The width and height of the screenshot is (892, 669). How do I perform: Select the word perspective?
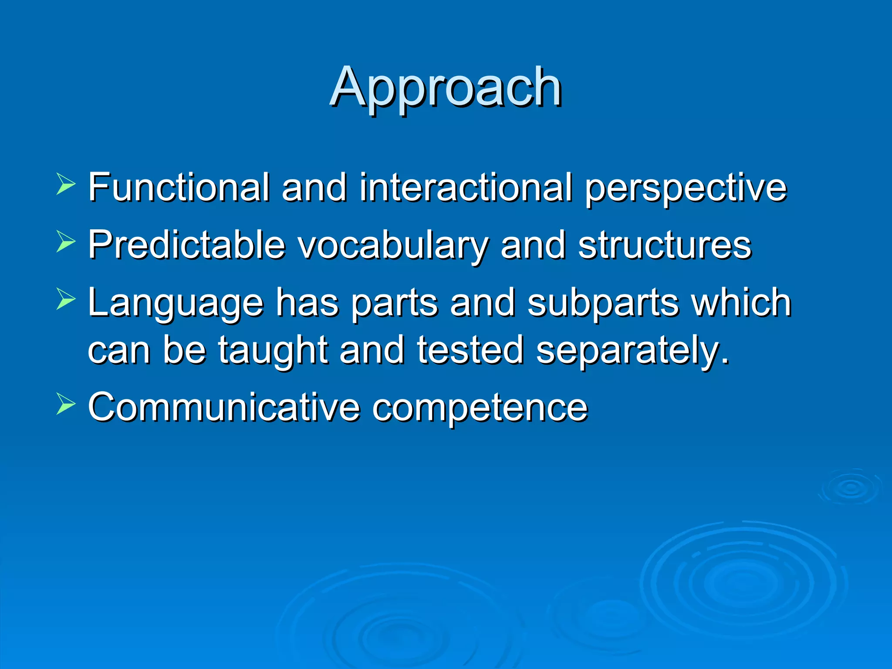point(686,188)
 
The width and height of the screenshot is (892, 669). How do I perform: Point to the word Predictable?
point(186,245)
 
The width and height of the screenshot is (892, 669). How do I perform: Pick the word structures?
point(665,245)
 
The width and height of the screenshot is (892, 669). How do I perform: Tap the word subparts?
point(603,303)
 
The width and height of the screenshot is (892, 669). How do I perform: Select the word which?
point(741,302)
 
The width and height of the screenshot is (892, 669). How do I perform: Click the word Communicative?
point(224,407)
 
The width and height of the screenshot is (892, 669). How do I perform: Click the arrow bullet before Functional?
point(65,184)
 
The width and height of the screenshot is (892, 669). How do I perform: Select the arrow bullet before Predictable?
point(65,241)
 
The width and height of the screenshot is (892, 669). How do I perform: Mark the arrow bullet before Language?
point(65,300)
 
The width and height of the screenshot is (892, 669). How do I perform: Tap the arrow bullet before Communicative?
point(65,404)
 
